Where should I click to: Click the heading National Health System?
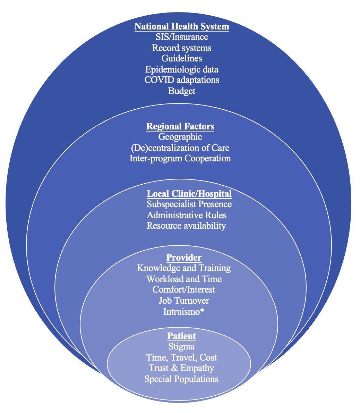click(x=182, y=27)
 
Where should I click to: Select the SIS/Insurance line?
click(x=182, y=37)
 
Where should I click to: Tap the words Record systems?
click(x=182, y=48)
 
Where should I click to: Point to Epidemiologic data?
click(x=182, y=69)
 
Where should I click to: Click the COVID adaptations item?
click(x=182, y=80)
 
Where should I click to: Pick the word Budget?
click(x=182, y=91)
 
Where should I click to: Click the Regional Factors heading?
click(x=180, y=126)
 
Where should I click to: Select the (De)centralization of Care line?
click(x=180, y=148)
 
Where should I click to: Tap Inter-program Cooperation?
click(x=180, y=159)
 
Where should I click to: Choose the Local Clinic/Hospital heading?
click(x=189, y=193)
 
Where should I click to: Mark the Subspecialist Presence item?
click(x=189, y=204)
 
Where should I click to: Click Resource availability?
click(x=186, y=226)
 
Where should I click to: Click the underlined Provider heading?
click(x=184, y=258)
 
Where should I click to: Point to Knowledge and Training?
click(x=184, y=268)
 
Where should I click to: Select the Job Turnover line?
click(x=184, y=301)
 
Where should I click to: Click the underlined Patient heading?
click(x=181, y=336)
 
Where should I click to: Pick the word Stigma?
click(x=181, y=346)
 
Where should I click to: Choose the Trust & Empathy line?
click(x=181, y=368)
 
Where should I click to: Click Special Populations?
click(x=181, y=379)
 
